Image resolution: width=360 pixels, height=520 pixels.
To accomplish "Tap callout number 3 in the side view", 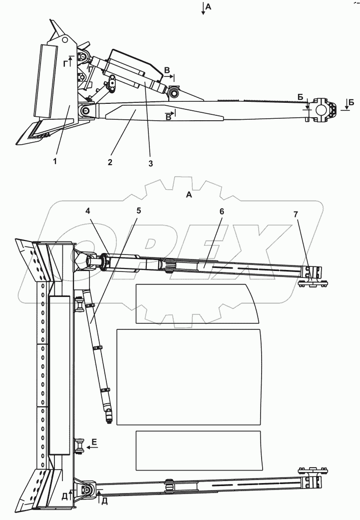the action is coord(149,163).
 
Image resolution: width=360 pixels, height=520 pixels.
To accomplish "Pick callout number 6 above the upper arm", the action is coord(222,212).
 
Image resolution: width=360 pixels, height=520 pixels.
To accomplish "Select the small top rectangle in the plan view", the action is coord(197,303).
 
